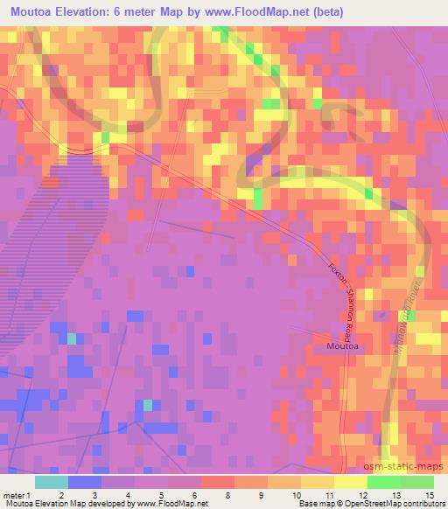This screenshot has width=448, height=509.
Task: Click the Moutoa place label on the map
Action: pyautogui.click(x=341, y=346)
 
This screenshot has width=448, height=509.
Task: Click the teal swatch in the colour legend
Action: pyautogui.click(x=52, y=482)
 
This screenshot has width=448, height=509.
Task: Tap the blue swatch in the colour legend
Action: pyautogui.click(x=85, y=482)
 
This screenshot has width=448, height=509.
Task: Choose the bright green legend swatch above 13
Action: pyautogui.click(x=383, y=482)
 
